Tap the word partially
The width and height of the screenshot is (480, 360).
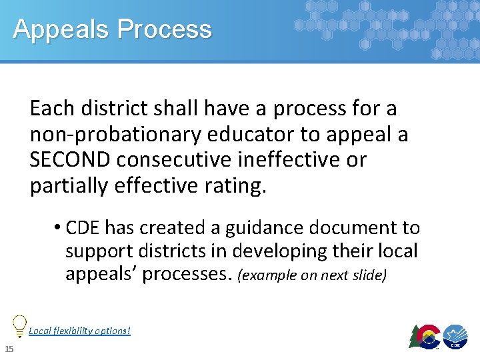[68, 186]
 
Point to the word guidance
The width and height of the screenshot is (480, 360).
[251, 228]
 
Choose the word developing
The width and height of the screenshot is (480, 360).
[275, 251]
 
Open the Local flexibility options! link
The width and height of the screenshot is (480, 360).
[79, 330]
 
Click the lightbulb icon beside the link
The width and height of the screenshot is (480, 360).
[20, 324]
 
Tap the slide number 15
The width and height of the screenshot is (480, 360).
[9, 350]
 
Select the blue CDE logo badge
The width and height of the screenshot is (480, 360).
[455, 337]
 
